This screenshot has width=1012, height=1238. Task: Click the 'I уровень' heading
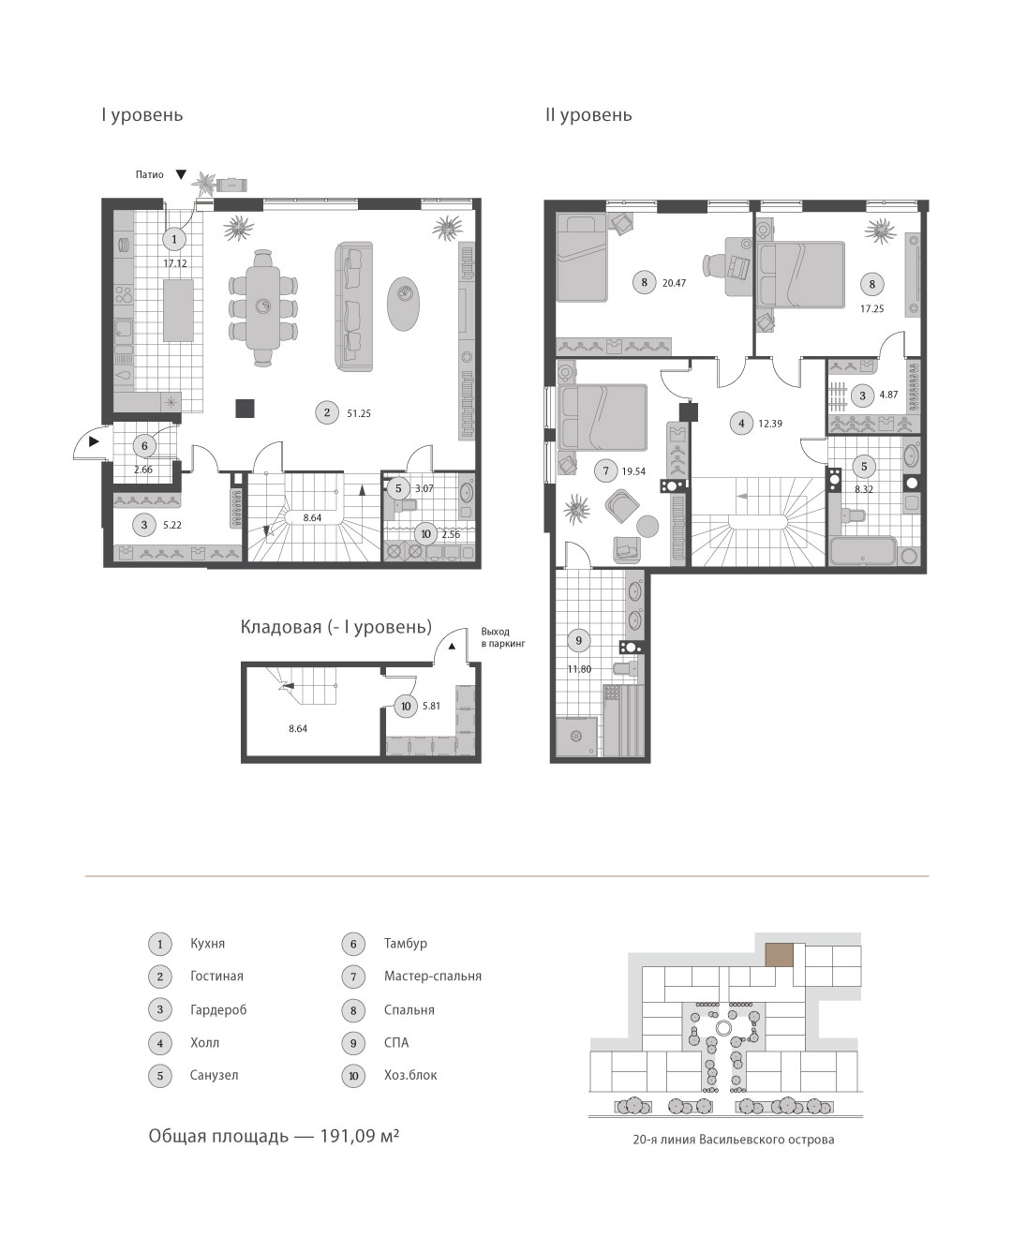(142, 115)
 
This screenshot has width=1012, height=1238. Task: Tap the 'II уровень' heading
(588, 115)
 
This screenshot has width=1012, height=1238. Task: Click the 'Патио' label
(150, 174)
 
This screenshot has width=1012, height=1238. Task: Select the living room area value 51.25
(359, 413)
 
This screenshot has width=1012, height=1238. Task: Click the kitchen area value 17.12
(175, 263)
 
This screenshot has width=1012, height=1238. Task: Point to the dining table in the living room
(263, 308)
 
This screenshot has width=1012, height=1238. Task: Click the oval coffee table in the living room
(403, 304)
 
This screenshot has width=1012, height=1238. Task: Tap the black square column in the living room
(245, 408)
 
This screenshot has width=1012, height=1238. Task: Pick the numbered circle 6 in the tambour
(145, 446)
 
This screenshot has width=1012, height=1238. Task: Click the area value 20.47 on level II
(674, 283)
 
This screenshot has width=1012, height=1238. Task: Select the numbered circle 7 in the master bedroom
(605, 470)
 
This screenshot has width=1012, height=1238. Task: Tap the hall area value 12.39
(770, 424)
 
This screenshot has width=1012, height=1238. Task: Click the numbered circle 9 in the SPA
(579, 640)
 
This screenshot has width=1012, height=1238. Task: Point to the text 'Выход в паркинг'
(503, 637)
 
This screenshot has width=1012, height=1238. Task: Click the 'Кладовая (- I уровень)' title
(336, 627)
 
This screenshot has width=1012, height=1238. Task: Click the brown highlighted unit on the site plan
(779, 955)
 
